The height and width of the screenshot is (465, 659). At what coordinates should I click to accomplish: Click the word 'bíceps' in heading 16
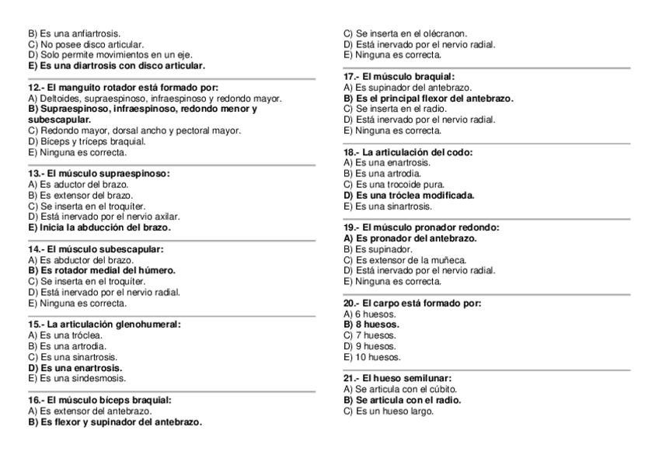click(x=120, y=400)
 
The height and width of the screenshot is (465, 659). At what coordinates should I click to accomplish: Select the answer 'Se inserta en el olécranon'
click(x=405, y=34)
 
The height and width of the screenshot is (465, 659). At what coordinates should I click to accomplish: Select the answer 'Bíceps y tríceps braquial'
click(x=86, y=141)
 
